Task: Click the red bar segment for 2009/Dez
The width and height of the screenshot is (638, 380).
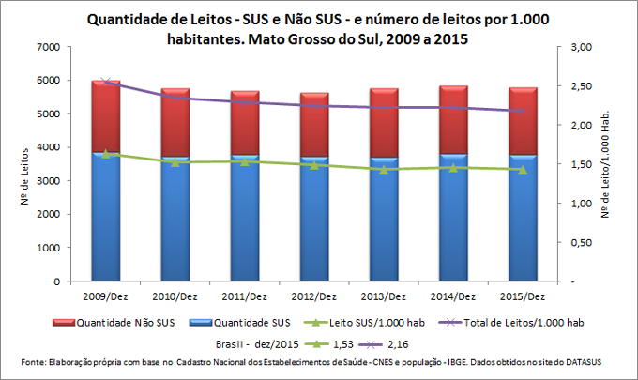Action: pos(105,116)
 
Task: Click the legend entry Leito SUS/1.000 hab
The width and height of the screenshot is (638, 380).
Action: pos(367,323)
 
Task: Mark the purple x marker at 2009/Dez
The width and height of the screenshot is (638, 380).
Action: pos(105,83)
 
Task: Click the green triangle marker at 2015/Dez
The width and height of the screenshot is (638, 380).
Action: pos(523,170)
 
